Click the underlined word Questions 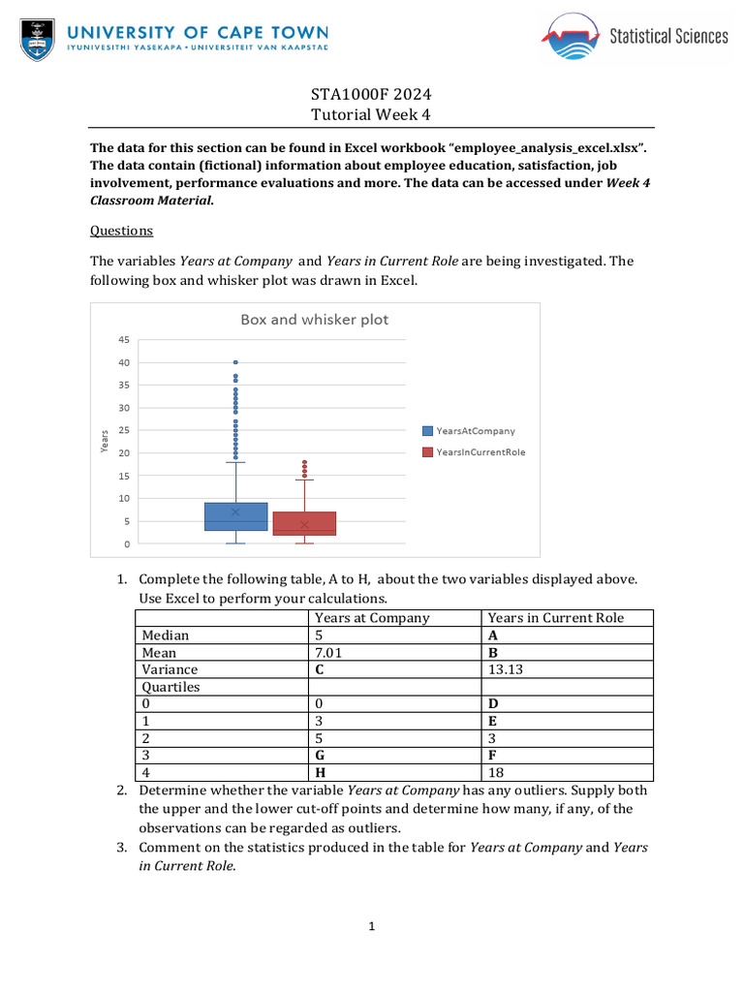(121, 231)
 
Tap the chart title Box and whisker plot (314, 320)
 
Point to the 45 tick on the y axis (123, 340)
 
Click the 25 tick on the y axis (123, 430)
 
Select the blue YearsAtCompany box (235, 516)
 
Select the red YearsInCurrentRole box (304, 523)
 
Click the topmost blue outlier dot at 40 (235, 362)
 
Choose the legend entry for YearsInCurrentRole (474, 451)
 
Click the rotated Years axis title (105, 442)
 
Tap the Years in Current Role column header (555, 618)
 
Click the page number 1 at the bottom (371, 927)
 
